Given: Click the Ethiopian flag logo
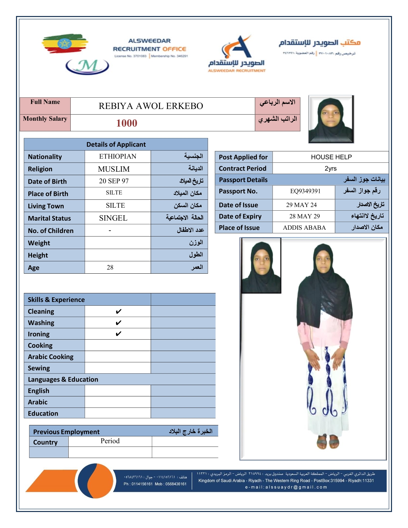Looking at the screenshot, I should [x=65, y=43].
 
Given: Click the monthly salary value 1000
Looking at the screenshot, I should [x=127, y=123].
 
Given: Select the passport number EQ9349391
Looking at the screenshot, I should [x=305, y=191].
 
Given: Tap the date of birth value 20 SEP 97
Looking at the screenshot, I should [x=114, y=181].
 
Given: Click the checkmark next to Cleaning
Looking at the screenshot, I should [x=118, y=312].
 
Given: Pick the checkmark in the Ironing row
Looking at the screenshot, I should [x=118, y=334].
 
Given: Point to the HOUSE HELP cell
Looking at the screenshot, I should [x=331, y=157].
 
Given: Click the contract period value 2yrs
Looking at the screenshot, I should [x=330, y=168].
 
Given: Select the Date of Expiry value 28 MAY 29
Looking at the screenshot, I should [x=304, y=216].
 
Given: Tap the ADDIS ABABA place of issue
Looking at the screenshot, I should [x=304, y=228].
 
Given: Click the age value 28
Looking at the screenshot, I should [x=110, y=267].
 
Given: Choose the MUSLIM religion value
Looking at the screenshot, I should [x=114, y=169].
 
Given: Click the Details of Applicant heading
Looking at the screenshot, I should [x=116, y=144].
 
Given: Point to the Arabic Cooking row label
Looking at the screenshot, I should [x=51, y=357].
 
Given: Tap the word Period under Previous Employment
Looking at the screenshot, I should [x=110, y=441].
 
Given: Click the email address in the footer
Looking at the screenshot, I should [x=286, y=487].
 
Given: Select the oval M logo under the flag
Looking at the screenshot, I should [x=87, y=66].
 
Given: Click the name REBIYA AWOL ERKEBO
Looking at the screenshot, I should [x=151, y=106].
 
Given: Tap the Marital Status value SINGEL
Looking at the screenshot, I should [x=113, y=218].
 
